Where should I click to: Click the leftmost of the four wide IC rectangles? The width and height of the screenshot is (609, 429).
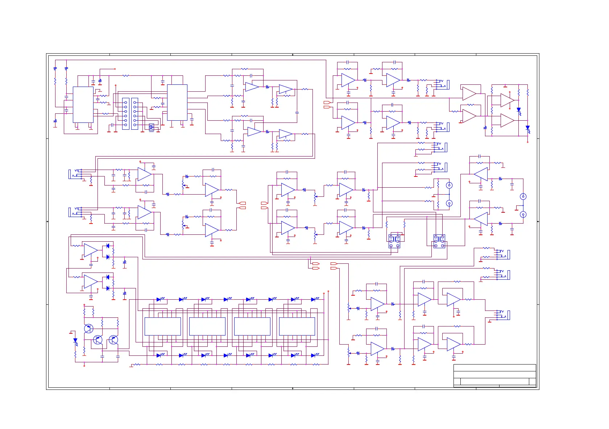pyautogui.click(x=162, y=326)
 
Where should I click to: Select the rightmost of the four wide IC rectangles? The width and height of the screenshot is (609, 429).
pyautogui.click(x=297, y=326)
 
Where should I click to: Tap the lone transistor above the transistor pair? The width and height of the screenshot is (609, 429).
pyautogui.click(x=88, y=329)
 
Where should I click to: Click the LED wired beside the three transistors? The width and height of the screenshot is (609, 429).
pyautogui.click(x=75, y=341)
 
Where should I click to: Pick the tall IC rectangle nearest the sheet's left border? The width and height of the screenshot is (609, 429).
pyautogui.click(x=83, y=105)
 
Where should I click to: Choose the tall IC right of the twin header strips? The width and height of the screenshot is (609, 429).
pyautogui.click(x=177, y=103)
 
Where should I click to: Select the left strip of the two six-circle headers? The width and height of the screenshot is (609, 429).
pyautogui.click(x=125, y=113)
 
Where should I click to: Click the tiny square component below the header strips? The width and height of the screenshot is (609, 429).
pyautogui.click(x=151, y=127)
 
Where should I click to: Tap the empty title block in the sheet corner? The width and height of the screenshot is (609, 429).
pyautogui.click(x=494, y=375)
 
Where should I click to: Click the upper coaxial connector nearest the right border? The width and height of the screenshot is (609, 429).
pyautogui.click(x=523, y=196)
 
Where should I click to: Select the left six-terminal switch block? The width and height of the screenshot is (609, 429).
pyautogui.click(x=394, y=241)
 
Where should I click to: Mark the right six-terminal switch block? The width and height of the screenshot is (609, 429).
pyautogui.click(x=439, y=241)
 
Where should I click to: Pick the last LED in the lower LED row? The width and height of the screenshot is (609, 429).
pyautogui.click(x=313, y=355)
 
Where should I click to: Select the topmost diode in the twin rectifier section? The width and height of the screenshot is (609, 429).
pyautogui.click(x=108, y=246)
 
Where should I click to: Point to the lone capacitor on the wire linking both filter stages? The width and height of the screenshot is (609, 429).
pyautogui.click(x=297, y=113)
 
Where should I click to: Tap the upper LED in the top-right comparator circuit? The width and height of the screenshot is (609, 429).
pyautogui.click(x=518, y=109)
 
